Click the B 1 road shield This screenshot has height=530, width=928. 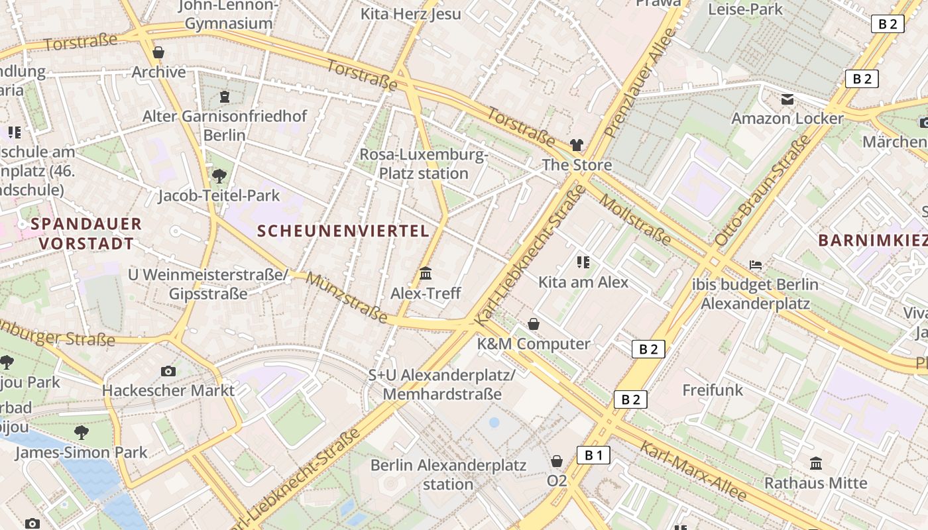coord(593,455)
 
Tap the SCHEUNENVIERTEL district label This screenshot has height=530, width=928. coord(343,231)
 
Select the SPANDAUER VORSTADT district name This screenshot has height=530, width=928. coord(86,233)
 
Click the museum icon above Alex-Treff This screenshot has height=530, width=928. coord(426,274)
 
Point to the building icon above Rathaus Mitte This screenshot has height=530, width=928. coord(816,464)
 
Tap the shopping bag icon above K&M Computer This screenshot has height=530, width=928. coord(533,324)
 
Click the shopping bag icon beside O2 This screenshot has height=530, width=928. coord(557,461)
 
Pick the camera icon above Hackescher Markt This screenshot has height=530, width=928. coord(168,371)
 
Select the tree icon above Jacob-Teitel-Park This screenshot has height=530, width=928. coord(219,176)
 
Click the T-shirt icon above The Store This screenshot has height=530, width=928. coord(576,145)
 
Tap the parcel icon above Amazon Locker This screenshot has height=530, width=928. coord(787,99)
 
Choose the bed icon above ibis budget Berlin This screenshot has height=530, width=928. coord(755,265)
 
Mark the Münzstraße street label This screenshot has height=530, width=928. coord(346,297)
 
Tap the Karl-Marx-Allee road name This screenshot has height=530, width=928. coord(693,471)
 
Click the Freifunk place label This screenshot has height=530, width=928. coord(713,390)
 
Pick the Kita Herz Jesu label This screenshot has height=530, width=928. coord(410,14)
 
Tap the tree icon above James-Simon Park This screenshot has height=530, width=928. coord(82,433)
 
